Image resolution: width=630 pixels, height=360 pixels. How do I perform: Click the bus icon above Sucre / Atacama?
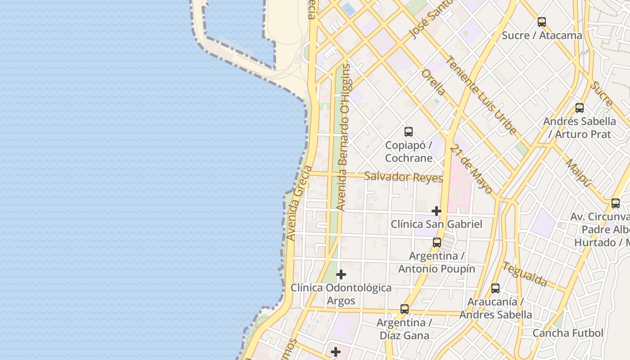[x=542, y=22]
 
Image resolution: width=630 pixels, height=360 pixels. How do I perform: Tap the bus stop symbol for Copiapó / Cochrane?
[x=409, y=132]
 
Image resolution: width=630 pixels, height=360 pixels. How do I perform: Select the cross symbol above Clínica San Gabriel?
[x=436, y=211]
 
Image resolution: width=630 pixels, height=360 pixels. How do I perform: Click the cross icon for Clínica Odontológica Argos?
[x=341, y=274]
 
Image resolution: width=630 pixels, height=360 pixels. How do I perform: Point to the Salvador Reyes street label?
[x=403, y=176]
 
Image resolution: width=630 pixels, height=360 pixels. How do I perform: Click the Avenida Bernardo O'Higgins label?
[x=345, y=137]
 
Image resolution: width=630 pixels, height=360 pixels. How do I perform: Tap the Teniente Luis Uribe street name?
[x=481, y=95]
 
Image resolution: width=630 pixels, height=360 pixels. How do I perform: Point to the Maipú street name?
[x=578, y=173]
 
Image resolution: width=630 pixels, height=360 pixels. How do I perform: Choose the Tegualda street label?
[x=524, y=274]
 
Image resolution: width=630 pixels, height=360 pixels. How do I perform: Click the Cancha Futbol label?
[x=567, y=333]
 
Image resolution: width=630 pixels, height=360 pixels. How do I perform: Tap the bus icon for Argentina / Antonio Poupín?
[x=436, y=243]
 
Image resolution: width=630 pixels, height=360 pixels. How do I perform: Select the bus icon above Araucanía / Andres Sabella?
[x=495, y=288]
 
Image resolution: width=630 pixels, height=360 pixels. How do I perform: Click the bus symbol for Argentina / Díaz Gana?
[x=405, y=309]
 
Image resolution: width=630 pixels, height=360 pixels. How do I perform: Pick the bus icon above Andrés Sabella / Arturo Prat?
[x=580, y=108]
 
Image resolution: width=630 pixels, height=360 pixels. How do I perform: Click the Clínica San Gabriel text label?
[x=436, y=224]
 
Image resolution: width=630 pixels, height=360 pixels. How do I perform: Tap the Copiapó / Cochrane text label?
[x=409, y=152]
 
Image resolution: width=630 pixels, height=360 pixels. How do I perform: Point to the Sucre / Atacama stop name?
[x=542, y=36]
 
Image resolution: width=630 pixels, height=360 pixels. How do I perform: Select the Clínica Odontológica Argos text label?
[x=341, y=294]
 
